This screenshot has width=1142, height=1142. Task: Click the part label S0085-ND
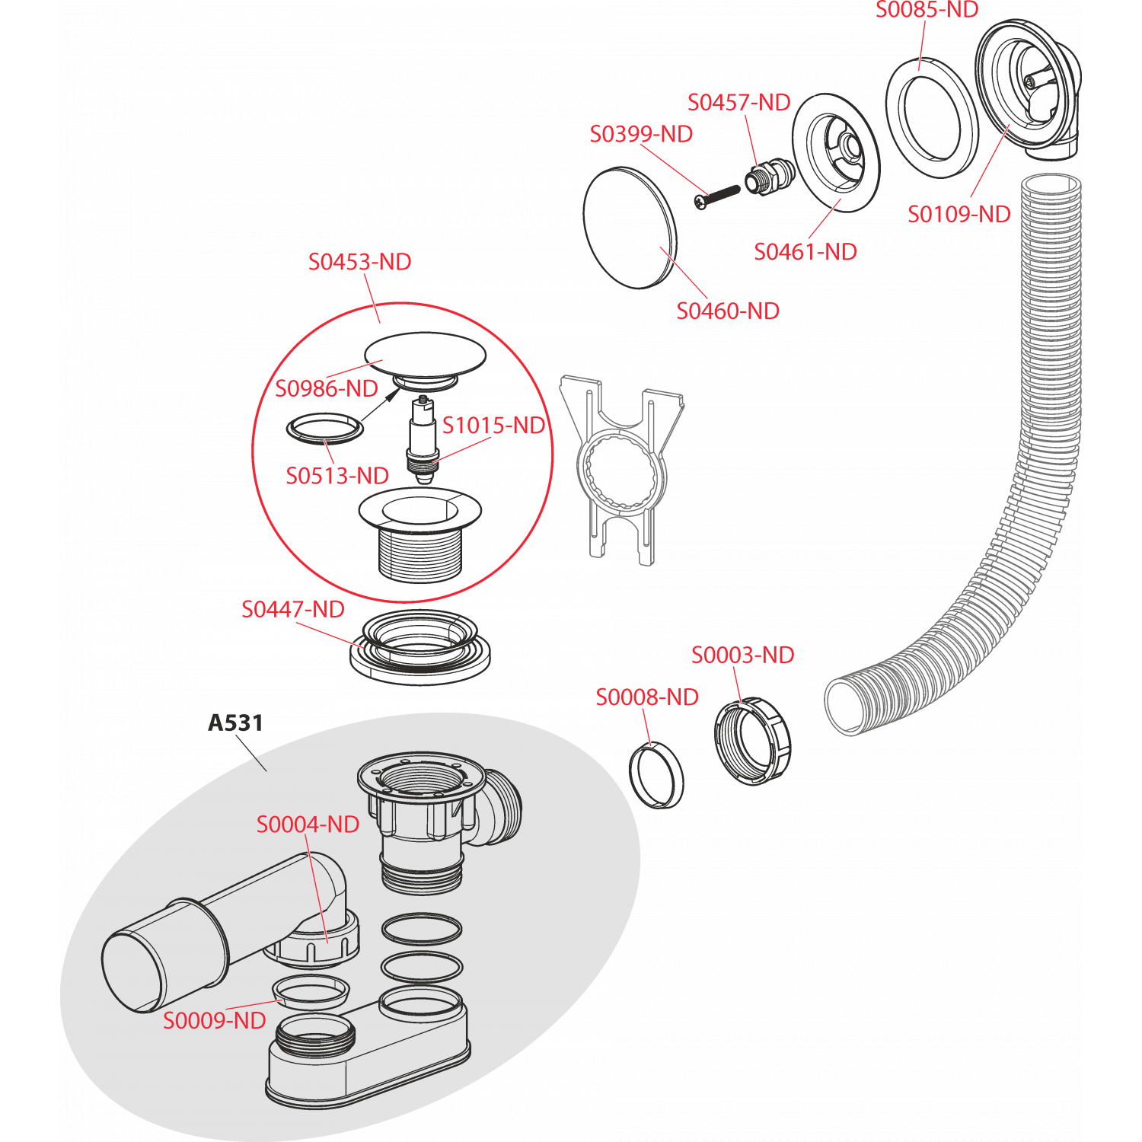927,10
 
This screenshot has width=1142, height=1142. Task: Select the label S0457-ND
738,102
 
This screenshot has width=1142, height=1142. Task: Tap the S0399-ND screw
717,195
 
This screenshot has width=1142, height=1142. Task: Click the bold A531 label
235,723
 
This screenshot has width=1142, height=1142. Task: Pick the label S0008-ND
646,697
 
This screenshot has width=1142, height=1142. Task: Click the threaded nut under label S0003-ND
752,740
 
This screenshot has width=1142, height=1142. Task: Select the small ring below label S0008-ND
656,774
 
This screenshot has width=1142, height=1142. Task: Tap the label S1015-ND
493,426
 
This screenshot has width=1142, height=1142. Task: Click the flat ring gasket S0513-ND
325,428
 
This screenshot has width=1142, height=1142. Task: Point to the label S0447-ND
292,609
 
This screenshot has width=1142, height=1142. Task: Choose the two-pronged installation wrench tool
620,472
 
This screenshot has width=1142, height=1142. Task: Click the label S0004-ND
308,825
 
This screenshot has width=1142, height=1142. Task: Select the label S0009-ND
214,1021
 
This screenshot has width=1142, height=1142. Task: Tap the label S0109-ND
959,215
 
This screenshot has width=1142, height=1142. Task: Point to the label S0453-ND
359,262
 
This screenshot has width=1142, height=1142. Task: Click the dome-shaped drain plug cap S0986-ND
425,354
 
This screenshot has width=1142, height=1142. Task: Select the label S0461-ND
805,252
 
